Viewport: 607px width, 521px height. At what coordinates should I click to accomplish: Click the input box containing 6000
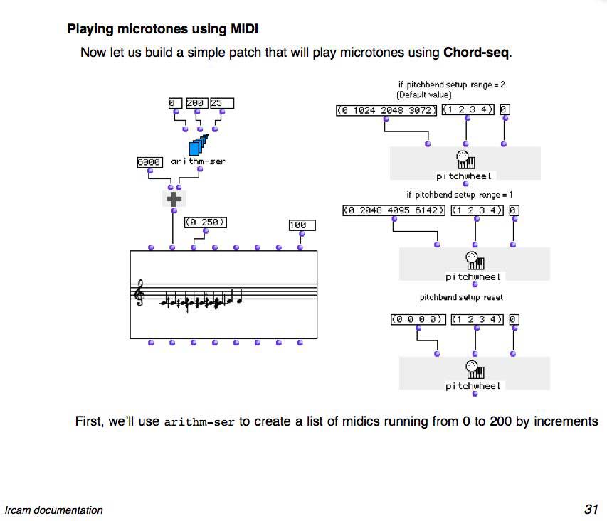click(149, 162)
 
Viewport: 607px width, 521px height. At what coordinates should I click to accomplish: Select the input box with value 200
click(195, 103)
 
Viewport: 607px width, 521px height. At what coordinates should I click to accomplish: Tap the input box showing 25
click(221, 103)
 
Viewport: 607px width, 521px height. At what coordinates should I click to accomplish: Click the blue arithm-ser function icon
click(199, 144)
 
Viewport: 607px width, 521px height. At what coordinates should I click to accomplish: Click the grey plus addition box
click(172, 199)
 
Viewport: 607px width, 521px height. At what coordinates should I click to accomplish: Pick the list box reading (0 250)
click(206, 222)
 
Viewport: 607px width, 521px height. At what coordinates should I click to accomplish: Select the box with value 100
click(301, 225)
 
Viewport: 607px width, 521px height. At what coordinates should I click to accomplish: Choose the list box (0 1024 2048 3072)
click(386, 110)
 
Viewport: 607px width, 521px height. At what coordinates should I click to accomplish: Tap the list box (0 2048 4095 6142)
click(394, 210)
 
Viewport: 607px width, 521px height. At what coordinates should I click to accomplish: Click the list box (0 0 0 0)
click(418, 320)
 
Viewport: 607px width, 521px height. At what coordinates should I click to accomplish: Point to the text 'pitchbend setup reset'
click(461, 297)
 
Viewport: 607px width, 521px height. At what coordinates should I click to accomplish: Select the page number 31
click(591, 509)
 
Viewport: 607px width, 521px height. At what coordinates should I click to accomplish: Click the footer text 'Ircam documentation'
click(53, 510)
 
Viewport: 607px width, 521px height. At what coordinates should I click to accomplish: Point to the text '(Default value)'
click(424, 95)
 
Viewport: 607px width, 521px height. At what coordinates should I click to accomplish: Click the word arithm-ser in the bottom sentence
click(199, 422)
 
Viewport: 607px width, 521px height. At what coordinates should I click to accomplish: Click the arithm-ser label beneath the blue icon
click(199, 162)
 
